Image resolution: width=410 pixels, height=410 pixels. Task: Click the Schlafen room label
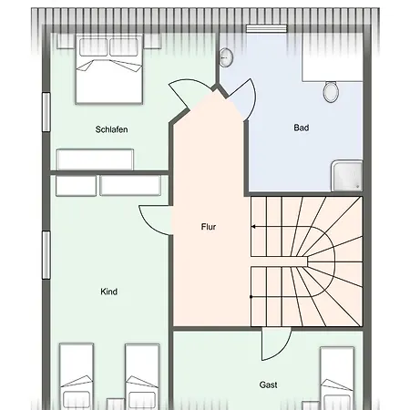[x=111, y=129]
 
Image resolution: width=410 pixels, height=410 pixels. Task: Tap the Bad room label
[x=302, y=128]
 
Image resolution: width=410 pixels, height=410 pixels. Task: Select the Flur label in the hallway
[x=209, y=227]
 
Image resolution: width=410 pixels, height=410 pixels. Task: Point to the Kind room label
[x=108, y=292]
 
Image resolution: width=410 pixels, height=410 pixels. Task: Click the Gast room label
[x=268, y=384]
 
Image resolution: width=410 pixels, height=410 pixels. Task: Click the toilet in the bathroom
[x=331, y=91]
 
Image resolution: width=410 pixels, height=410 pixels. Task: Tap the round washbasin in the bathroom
[x=226, y=57]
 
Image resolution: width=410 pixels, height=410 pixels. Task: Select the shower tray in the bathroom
[x=347, y=176]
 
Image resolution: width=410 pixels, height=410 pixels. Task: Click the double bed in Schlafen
[x=109, y=69]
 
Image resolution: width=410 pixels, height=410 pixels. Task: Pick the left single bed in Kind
[x=77, y=376]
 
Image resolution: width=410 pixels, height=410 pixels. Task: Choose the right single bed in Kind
[x=142, y=376]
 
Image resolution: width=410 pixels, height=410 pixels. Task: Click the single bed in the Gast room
[x=337, y=378]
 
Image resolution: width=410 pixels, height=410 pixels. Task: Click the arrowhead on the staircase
[x=253, y=227]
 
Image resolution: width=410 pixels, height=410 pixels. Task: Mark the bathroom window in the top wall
[x=266, y=28]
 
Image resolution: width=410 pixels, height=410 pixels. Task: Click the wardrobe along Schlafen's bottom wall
[x=95, y=159]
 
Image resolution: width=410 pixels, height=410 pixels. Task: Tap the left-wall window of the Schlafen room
[x=46, y=112]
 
